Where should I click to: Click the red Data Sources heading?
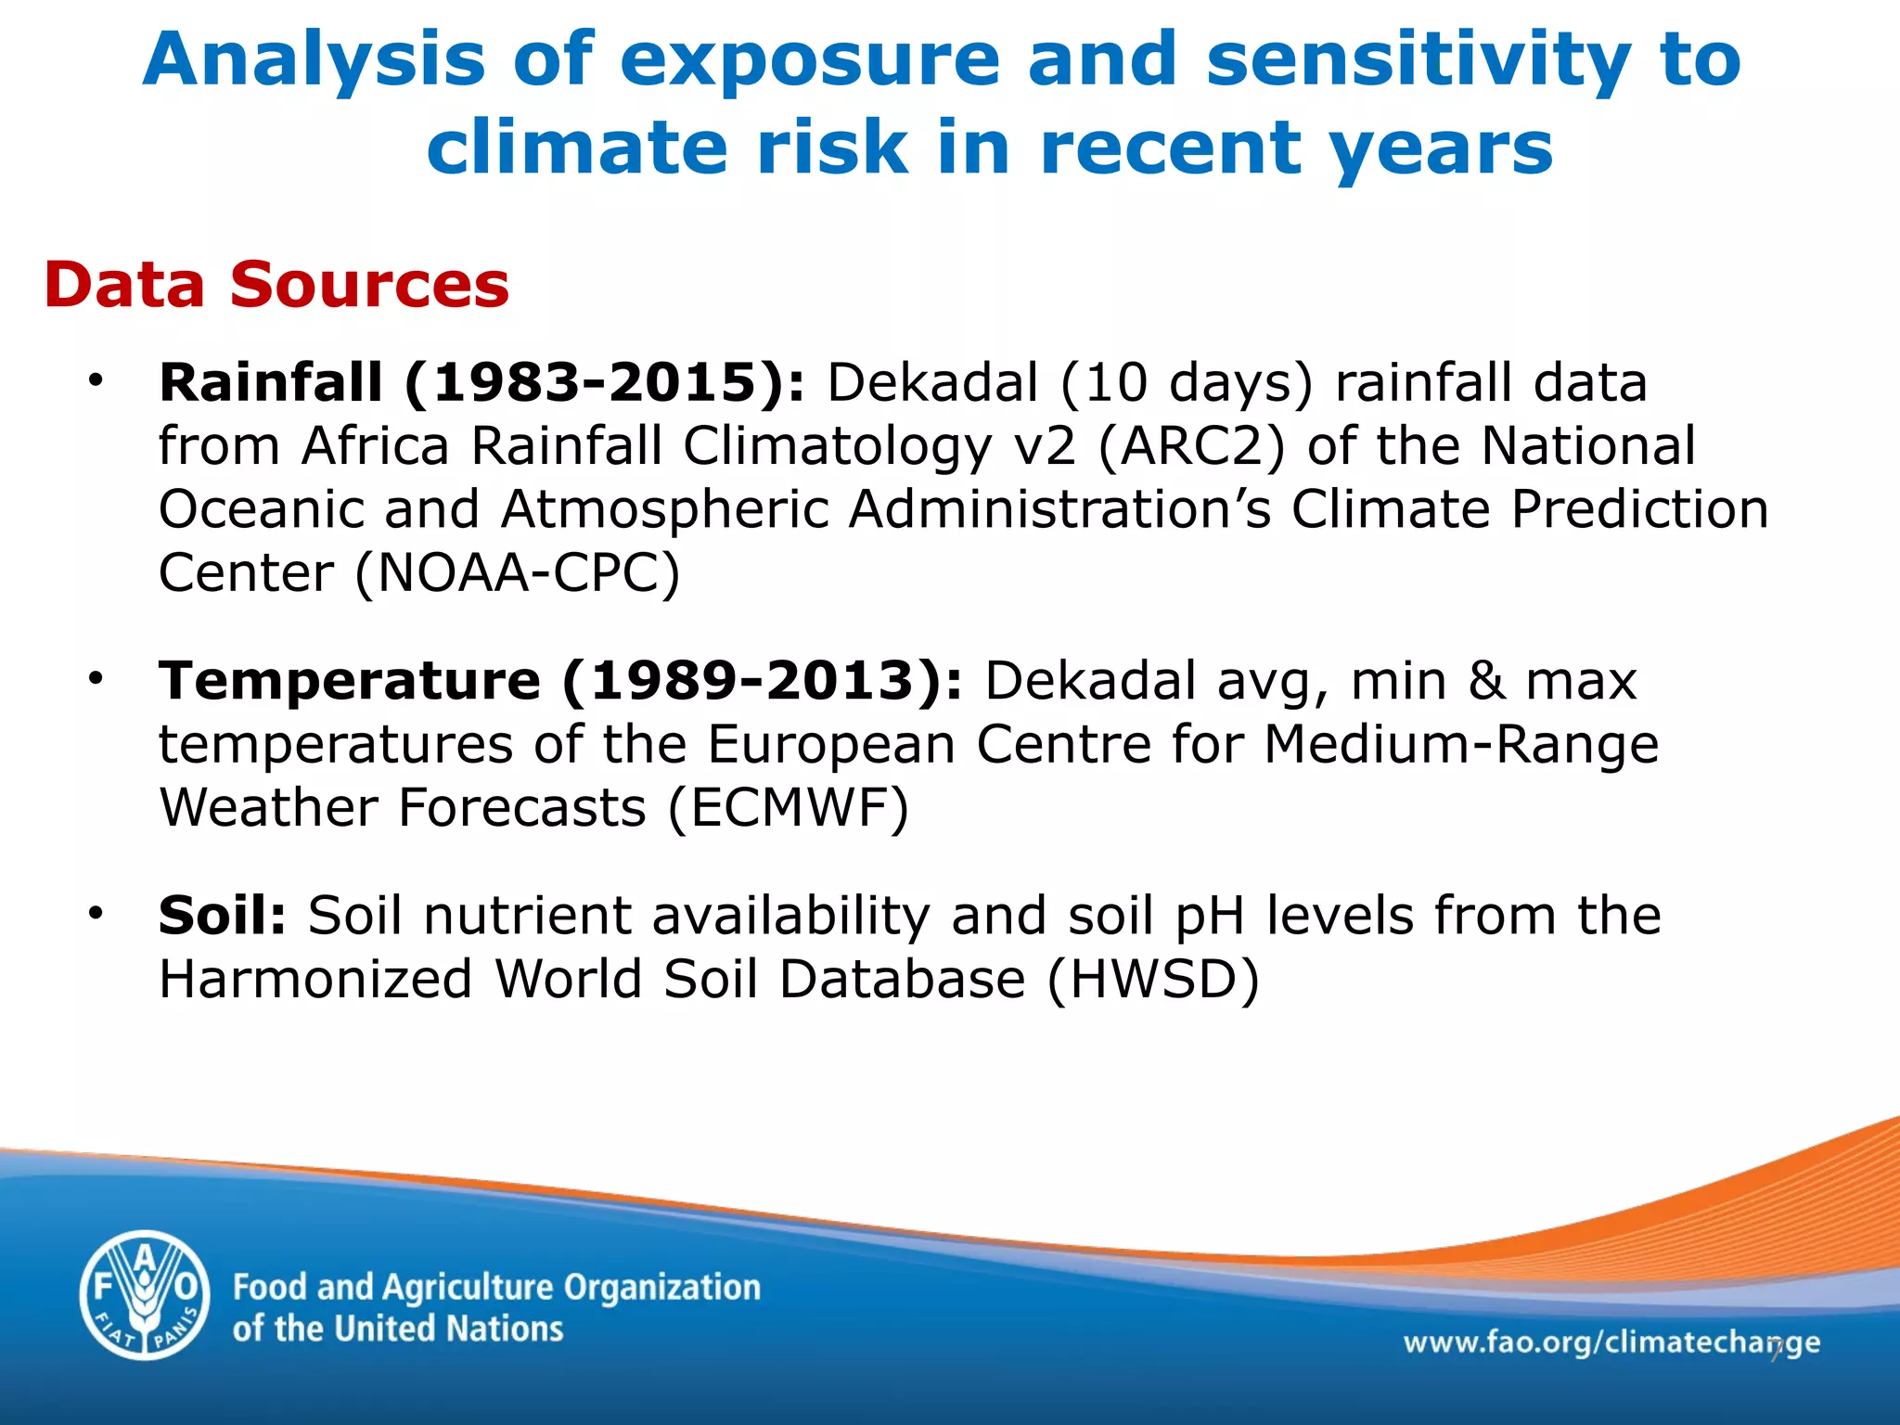click(276, 284)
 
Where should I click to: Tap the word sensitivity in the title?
click(1419, 60)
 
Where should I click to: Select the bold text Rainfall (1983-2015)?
click(482, 382)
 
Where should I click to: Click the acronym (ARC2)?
click(1191, 446)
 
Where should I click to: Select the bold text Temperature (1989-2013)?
click(561, 681)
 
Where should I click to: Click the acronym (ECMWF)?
click(788, 808)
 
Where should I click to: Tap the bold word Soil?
click(223, 916)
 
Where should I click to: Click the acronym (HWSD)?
click(1153, 980)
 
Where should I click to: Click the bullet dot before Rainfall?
click(95, 379)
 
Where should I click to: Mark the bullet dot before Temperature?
click(95, 678)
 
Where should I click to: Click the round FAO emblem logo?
click(145, 1294)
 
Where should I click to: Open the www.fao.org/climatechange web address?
click(1611, 1342)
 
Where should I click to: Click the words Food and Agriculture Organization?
click(496, 1288)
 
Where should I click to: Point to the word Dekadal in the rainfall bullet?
click(932, 382)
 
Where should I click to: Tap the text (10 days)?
click(1187, 382)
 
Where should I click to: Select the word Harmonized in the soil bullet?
click(315, 980)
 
